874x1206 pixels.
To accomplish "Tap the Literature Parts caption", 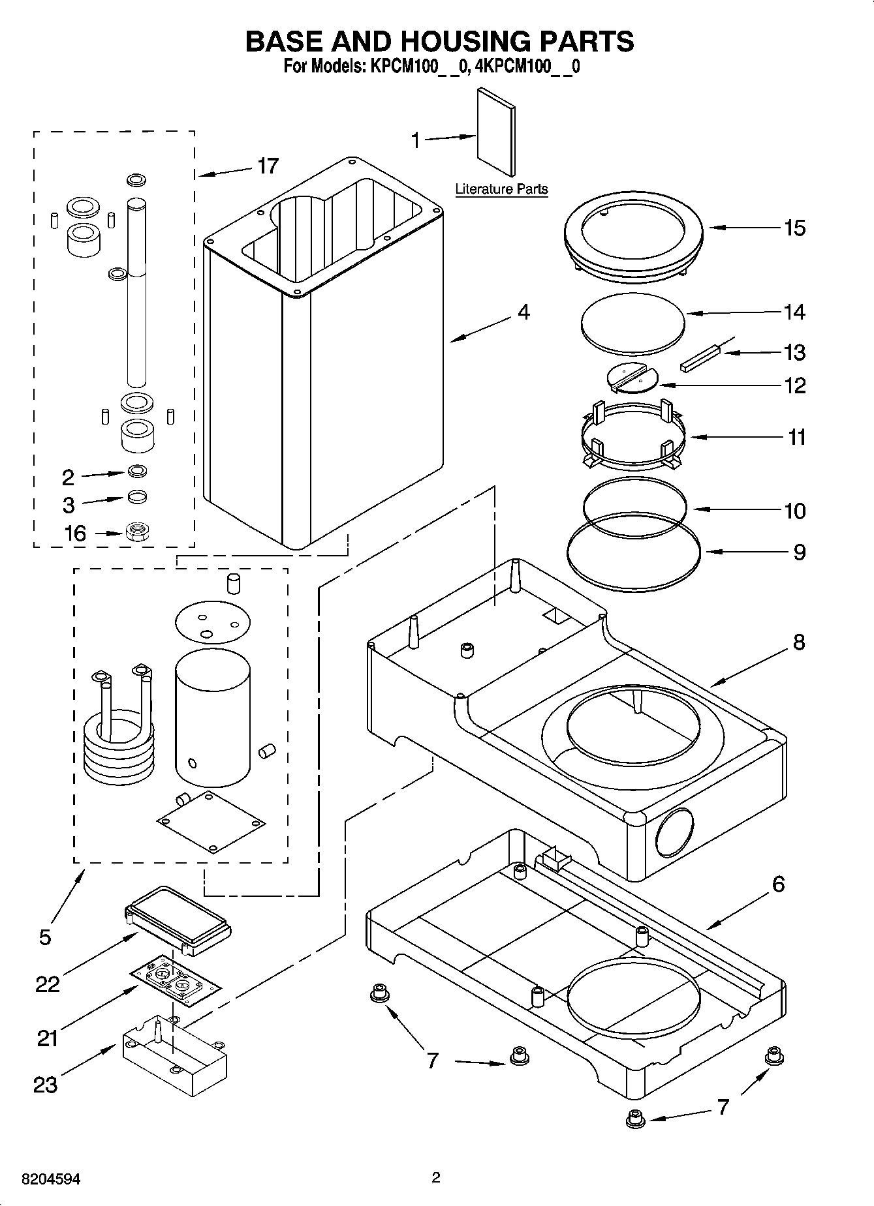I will (501, 189).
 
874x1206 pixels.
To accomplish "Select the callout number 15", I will (794, 228).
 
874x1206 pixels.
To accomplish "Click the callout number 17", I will (268, 166).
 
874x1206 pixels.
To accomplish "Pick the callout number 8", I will (799, 642).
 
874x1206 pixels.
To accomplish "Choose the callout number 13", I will (794, 352).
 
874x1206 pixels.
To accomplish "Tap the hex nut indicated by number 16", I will (138, 531).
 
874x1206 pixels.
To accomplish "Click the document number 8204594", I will (51, 1179).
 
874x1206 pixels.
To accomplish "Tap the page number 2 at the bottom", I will (436, 1177).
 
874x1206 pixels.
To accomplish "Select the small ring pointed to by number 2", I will (137, 470).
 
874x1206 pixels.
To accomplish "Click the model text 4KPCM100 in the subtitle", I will (529, 67).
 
